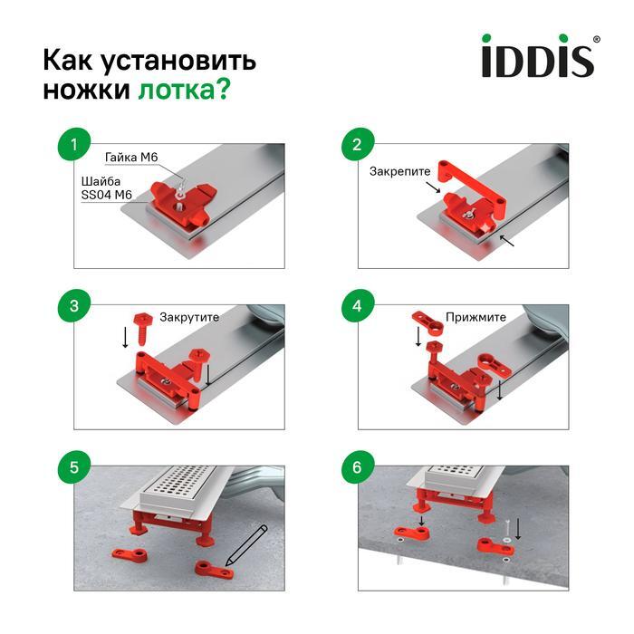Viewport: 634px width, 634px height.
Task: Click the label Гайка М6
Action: (x=131, y=158)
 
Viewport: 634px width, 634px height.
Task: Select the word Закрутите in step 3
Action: (x=189, y=318)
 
